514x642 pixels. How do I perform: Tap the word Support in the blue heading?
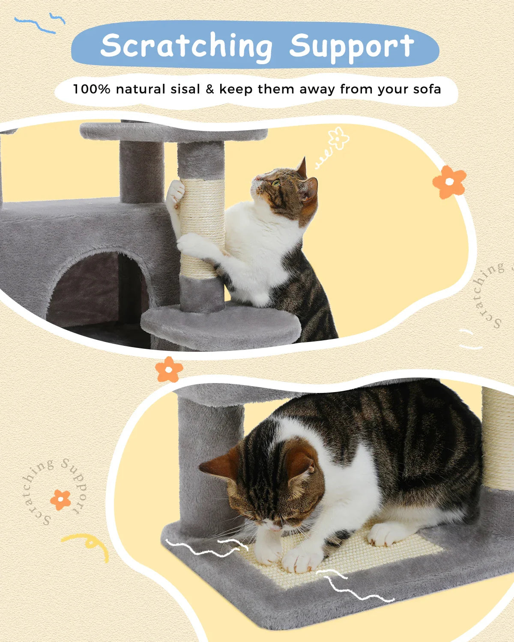tap(351, 46)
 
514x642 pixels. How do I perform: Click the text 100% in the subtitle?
tap(92, 89)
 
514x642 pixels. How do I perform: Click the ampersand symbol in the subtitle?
tap(209, 89)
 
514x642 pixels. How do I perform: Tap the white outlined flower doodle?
tap(339, 138)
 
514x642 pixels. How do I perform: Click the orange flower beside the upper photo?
tap(449, 182)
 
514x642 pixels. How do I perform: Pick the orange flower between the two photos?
tap(169, 369)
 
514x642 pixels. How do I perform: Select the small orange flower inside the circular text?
tap(60, 499)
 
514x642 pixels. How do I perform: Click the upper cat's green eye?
tap(276, 183)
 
